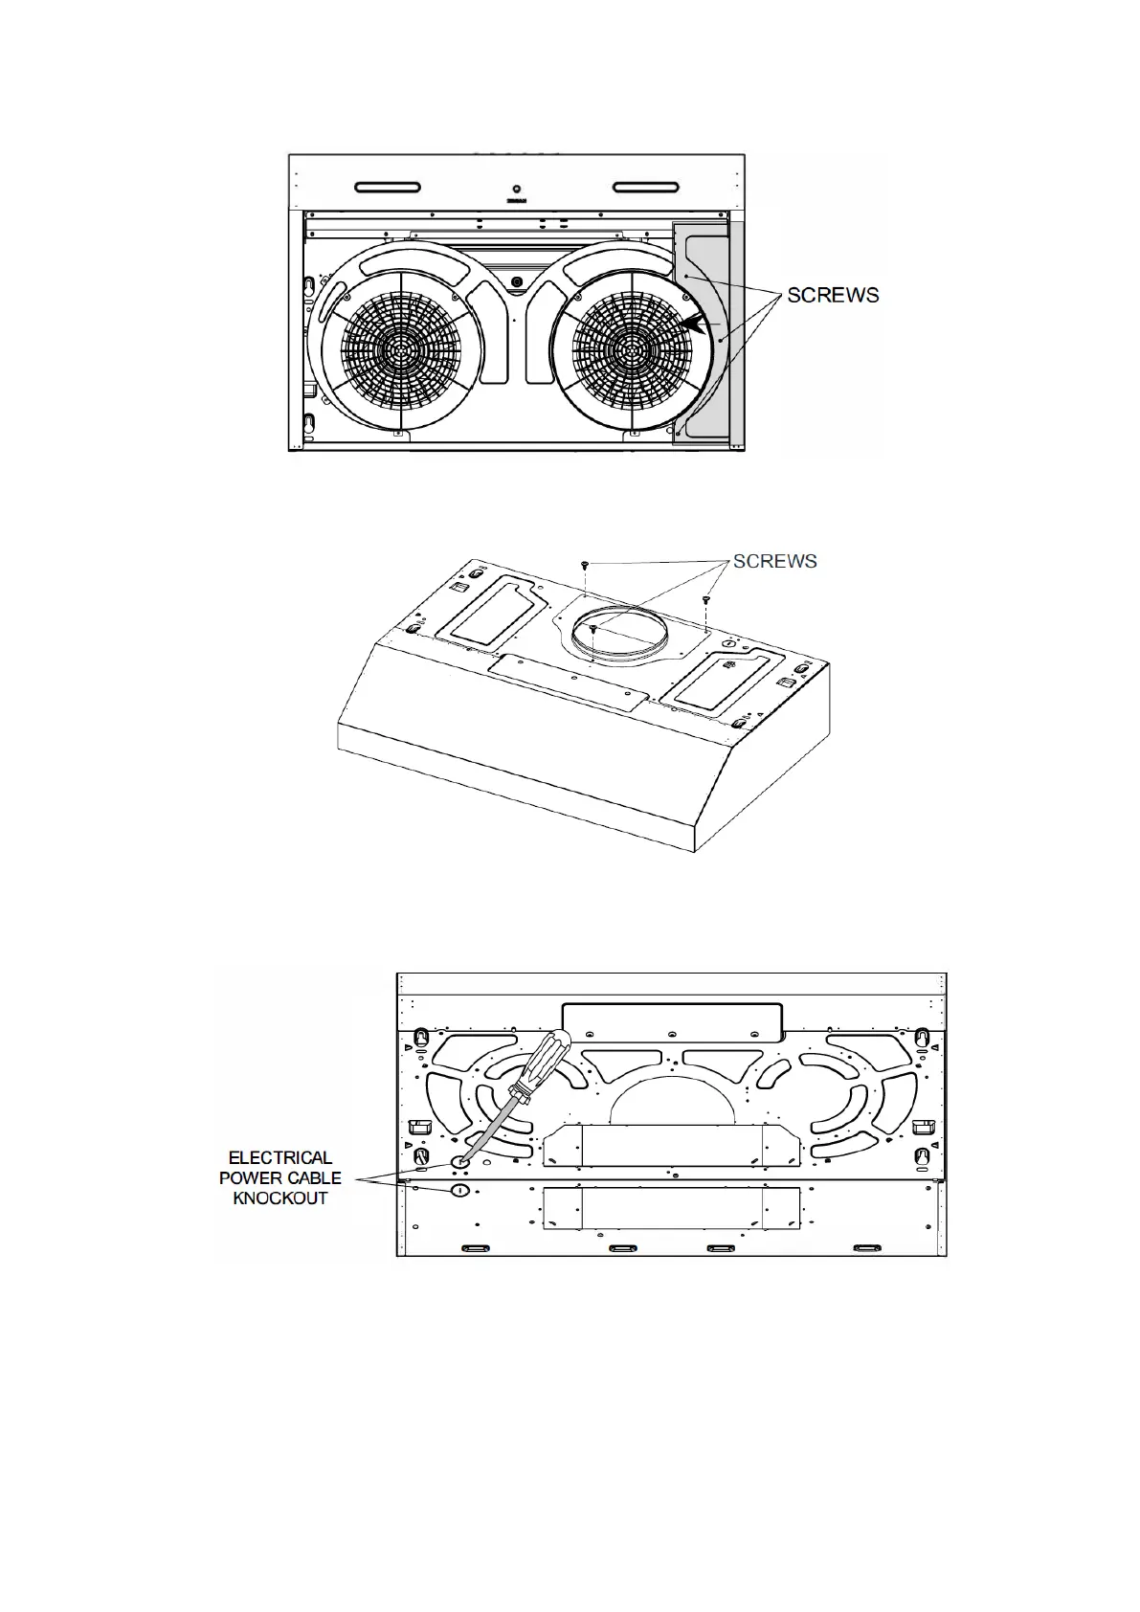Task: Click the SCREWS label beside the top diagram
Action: [x=833, y=295]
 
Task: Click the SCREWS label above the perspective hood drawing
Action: [x=775, y=561]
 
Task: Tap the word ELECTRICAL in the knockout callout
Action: [x=279, y=1158]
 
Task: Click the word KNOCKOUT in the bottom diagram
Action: [x=279, y=1198]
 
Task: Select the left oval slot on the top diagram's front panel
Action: [x=388, y=188]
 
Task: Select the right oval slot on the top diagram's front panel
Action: [x=645, y=188]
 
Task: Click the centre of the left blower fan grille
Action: [x=400, y=351]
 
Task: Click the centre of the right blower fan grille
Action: [x=632, y=351]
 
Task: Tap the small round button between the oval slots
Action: [x=516, y=190]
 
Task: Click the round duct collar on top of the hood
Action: [x=619, y=636]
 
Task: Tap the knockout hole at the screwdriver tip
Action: [x=459, y=1161]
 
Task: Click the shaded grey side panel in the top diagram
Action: [x=708, y=333]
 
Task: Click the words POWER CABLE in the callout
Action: [x=279, y=1178]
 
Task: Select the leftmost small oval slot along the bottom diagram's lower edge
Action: [x=475, y=1248]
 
